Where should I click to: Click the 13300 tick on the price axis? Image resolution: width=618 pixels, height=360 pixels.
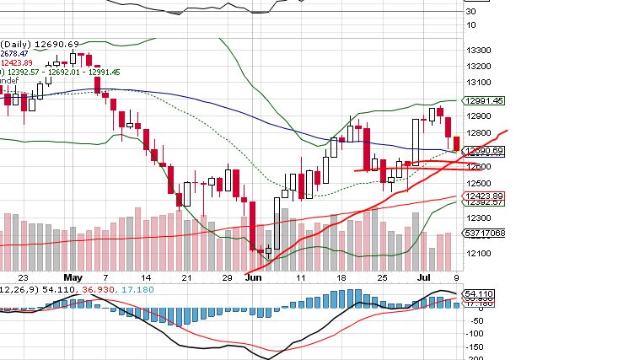[479, 49]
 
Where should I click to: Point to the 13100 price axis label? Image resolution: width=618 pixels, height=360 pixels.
[479, 83]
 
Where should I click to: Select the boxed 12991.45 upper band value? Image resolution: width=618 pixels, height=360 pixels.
[485, 100]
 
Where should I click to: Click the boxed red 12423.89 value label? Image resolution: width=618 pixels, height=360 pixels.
[485, 195]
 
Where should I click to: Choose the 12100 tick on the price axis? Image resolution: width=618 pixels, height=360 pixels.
[479, 254]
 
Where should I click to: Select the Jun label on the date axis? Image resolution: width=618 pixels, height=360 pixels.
[253, 276]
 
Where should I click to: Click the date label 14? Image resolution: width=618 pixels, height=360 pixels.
[146, 276]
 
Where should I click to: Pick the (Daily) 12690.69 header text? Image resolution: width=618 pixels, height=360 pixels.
[40, 44]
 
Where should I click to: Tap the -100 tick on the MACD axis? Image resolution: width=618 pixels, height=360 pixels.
[475, 332]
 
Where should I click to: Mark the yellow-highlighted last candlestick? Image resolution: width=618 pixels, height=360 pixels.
[456, 144]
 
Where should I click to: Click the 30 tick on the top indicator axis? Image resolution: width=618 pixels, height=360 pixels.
[472, 12]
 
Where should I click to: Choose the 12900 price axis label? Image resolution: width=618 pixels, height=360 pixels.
[479, 116]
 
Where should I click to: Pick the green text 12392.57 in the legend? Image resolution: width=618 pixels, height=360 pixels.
[22, 72]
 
